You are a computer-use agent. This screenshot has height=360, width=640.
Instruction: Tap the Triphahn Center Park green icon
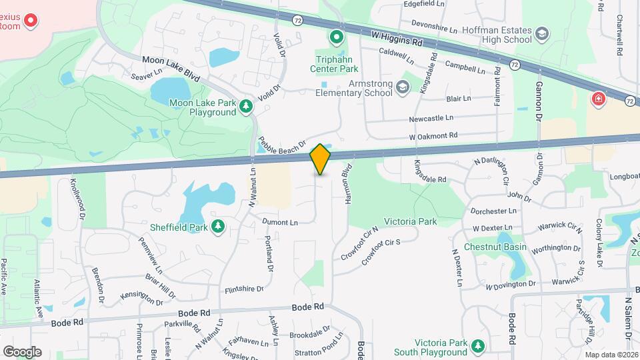click(x=337, y=37)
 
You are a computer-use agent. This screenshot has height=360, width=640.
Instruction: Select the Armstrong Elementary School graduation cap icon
click(x=402, y=87)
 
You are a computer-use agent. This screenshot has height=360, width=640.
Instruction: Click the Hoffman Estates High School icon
click(x=543, y=33)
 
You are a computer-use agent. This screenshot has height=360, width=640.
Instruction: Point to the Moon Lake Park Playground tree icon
click(x=247, y=105)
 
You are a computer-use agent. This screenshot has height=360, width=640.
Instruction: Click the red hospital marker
click(x=598, y=99)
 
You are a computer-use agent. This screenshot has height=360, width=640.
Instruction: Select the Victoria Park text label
click(x=410, y=221)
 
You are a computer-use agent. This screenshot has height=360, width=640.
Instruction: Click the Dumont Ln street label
click(x=279, y=221)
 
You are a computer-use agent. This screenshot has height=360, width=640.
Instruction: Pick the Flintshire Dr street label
click(x=245, y=289)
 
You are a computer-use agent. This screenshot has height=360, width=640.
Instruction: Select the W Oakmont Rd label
click(x=433, y=136)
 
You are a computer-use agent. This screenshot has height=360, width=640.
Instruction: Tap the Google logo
click(x=22, y=351)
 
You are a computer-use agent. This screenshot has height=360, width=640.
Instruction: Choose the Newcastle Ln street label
click(x=431, y=117)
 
